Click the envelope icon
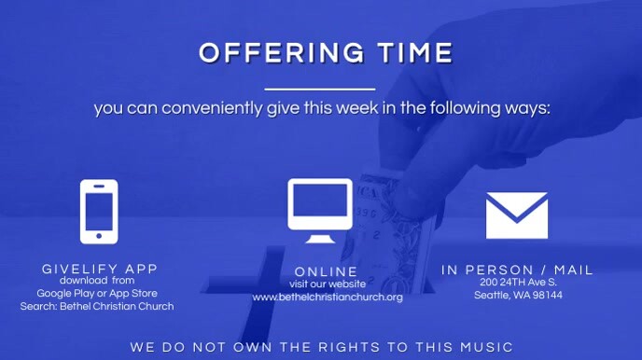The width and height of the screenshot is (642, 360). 516,215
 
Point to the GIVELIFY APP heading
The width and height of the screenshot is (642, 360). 100,269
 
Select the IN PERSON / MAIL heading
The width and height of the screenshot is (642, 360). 517,270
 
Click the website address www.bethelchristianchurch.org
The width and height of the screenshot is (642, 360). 327,298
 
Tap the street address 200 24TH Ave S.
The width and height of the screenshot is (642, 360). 518,283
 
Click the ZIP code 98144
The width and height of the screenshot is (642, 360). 548,296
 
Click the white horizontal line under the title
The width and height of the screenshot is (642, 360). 320,90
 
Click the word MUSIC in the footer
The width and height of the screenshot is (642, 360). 486,348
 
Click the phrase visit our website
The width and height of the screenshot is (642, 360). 327,284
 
